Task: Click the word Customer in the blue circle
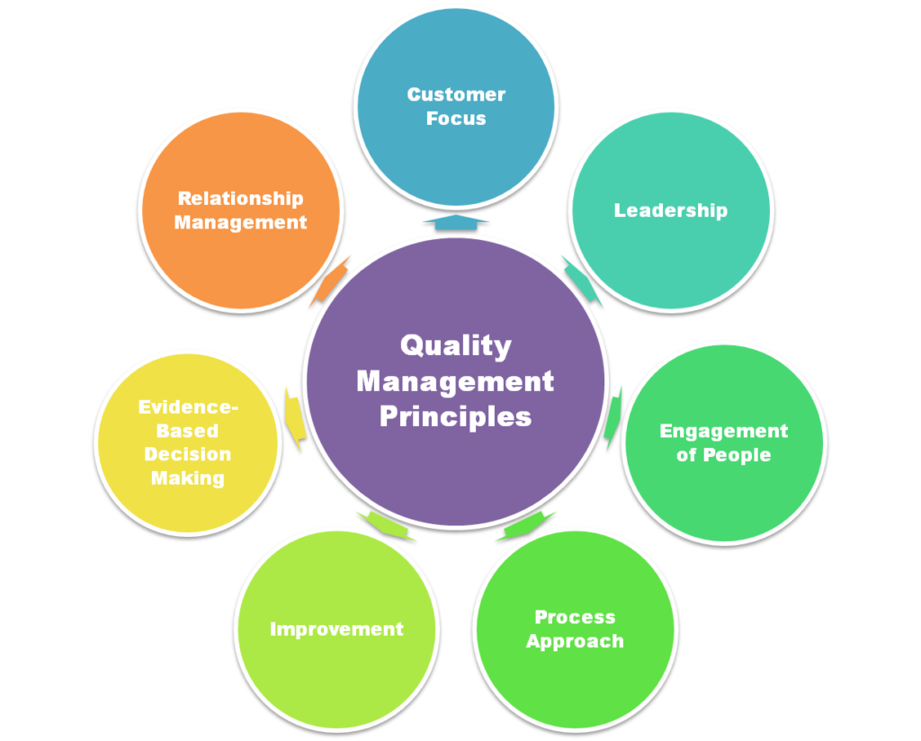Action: (456, 94)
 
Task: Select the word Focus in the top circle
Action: (456, 119)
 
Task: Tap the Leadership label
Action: (670, 210)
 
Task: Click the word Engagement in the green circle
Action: (723, 431)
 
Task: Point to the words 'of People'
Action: (723, 455)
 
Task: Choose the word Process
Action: (575, 617)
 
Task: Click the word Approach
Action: (575, 641)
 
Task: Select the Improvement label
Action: (336, 629)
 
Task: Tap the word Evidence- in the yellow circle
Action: (188, 407)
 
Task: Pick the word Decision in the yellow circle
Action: (187, 454)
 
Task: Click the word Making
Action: (187, 478)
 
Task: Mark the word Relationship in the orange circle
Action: (240, 199)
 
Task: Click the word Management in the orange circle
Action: (240, 222)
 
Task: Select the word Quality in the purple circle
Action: (455, 345)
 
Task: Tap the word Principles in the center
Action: (455, 417)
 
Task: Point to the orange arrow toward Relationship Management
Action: (329, 280)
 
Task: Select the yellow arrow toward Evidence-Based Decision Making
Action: (294, 419)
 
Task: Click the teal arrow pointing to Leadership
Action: (581, 280)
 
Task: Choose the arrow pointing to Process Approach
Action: (526, 525)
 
